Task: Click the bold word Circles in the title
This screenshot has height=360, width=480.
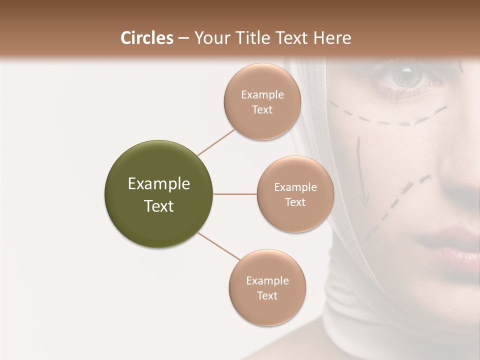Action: tap(146, 38)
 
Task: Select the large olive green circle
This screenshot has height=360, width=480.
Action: tap(159, 194)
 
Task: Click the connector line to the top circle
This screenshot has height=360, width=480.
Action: tap(216, 143)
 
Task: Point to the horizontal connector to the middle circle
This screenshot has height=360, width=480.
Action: tap(235, 194)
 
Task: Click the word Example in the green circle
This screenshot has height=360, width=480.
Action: tap(159, 184)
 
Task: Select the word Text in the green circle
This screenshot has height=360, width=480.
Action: tap(159, 206)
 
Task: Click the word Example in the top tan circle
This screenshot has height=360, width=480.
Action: tap(262, 95)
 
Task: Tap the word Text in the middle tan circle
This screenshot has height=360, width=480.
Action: tap(295, 202)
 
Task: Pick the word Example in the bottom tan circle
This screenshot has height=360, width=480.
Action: tap(267, 281)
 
